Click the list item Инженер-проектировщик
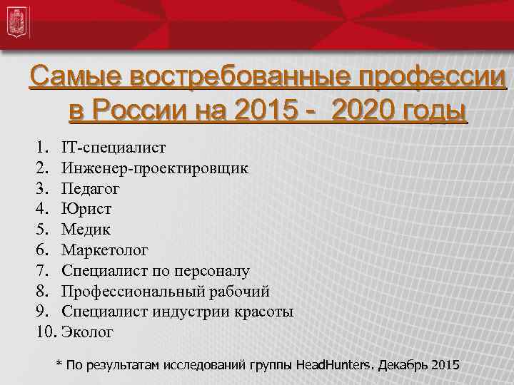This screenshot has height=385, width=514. (155, 168)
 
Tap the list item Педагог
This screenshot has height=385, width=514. (91, 189)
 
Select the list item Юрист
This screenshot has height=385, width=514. (86, 209)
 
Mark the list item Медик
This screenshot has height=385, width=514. (86, 230)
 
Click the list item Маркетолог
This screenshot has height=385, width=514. (105, 250)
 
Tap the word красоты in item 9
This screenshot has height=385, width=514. (264, 312)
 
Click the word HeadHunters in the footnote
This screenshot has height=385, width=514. (335, 365)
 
